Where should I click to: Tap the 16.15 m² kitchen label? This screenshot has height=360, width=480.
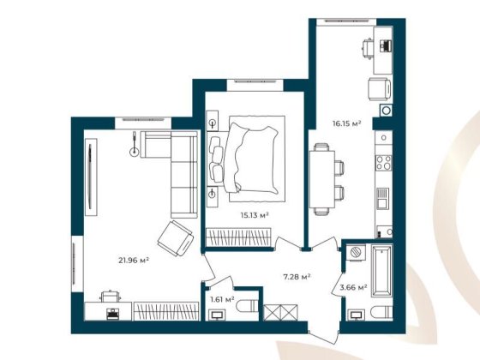[346, 123]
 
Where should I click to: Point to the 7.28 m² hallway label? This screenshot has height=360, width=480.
[297, 276]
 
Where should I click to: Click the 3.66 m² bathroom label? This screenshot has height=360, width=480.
[353, 287]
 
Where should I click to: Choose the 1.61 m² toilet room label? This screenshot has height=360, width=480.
[221, 299]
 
